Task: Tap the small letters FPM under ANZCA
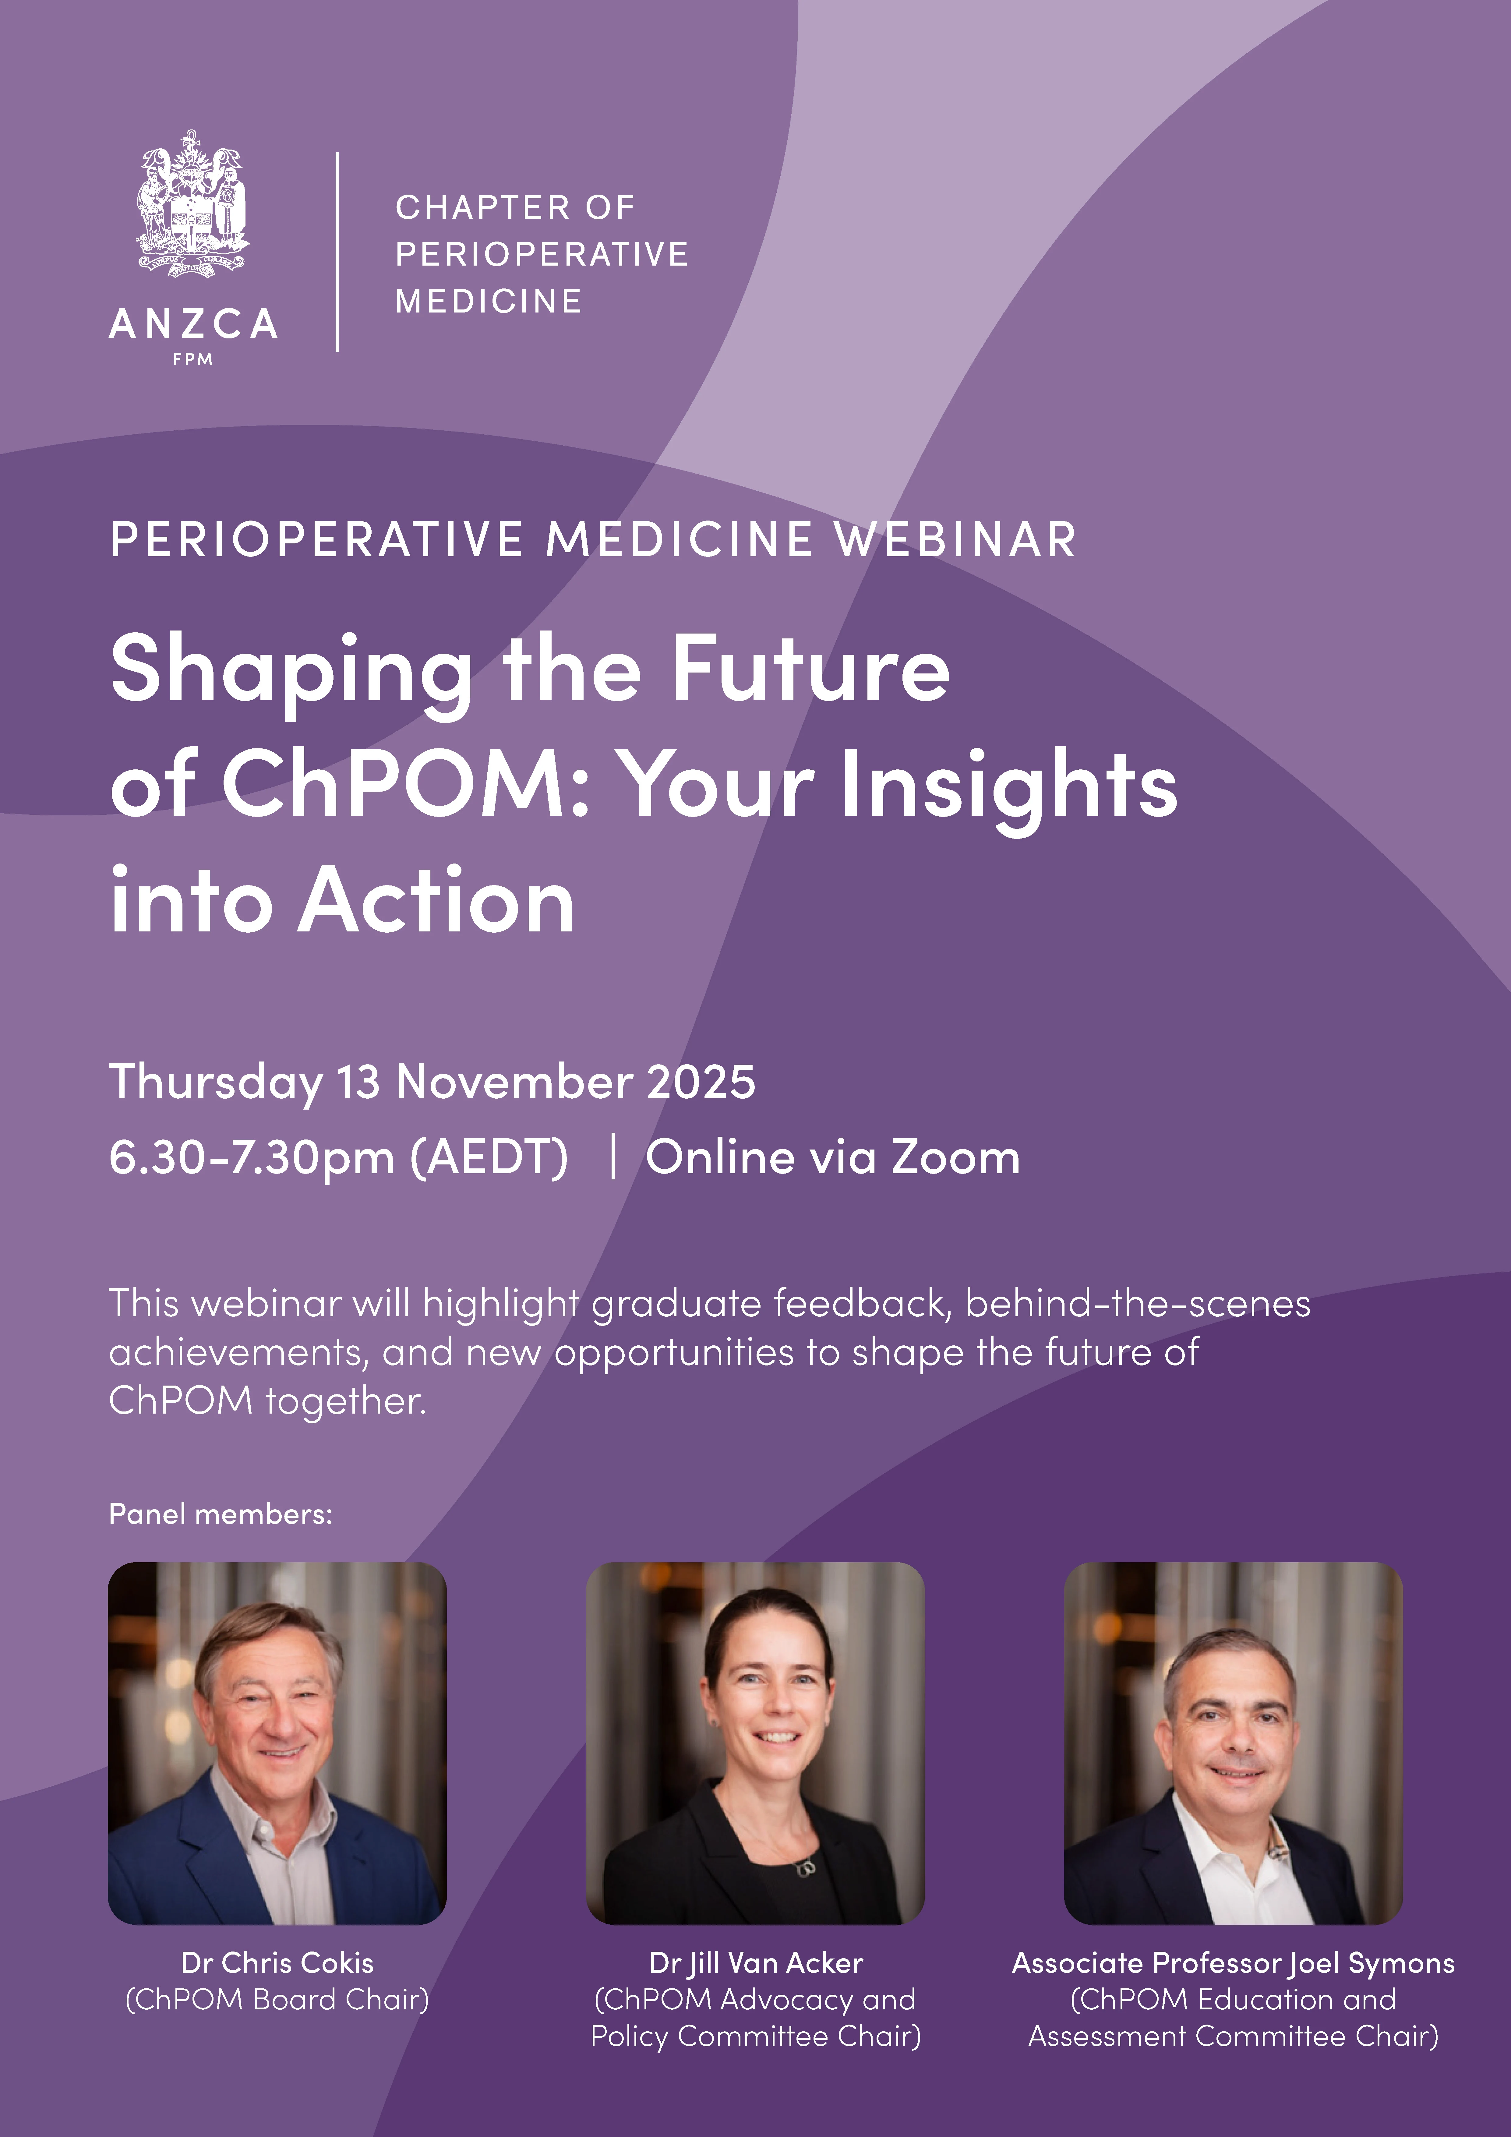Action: click(x=193, y=359)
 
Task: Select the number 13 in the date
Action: click(x=358, y=1083)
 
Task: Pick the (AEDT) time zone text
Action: click(x=489, y=1159)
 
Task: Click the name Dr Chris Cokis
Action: click(x=277, y=1963)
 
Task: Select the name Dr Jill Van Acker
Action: click(x=756, y=1963)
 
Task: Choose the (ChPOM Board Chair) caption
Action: click(x=277, y=1999)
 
